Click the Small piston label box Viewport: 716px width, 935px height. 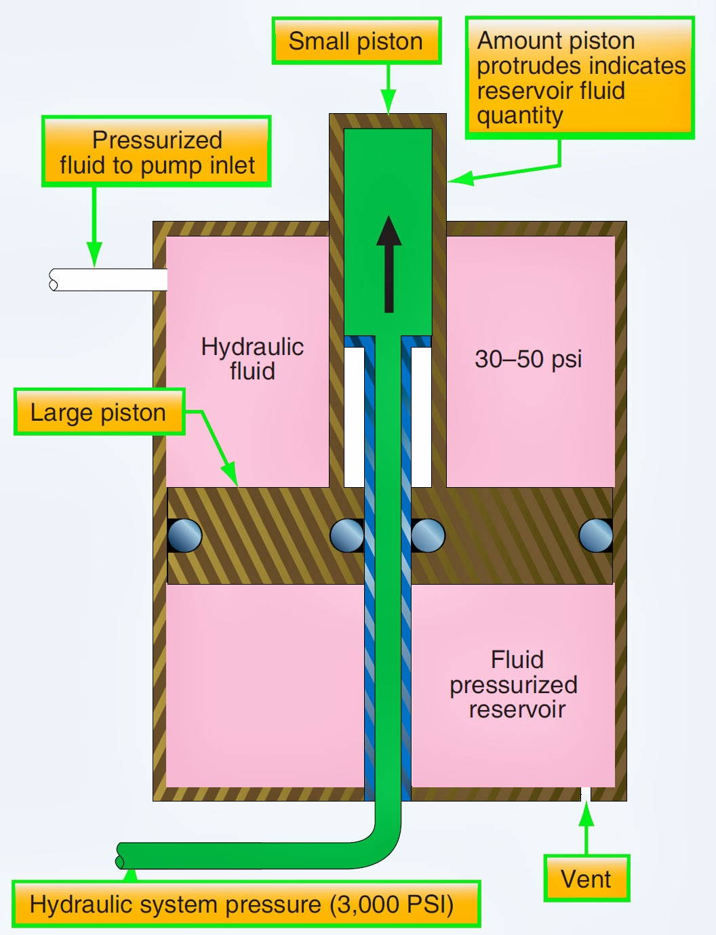pyautogui.click(x=356, y=41)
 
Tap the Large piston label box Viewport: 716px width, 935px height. pyautogui.click(x=99, y=412)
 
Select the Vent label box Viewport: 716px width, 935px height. pyautogui.click(x=586, y=879)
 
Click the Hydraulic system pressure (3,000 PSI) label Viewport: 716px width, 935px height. pyautogui.click(x=245, y=905)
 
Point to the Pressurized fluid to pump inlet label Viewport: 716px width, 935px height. pyautogui.click(x=157, y=152)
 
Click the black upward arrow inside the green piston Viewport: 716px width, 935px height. pyautogui.click(x=389, y=264)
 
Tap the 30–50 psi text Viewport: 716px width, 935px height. pyautogui.click(x=528, y=358)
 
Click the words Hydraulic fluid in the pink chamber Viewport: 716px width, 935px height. pyautogui.click(x=252, y=358)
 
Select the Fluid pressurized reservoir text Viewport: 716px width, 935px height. pyautogui.click(x=514, y=684)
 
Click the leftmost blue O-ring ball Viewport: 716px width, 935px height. pyautogui.click(x=184, y=535)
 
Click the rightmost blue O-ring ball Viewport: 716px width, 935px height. pyautogui.click(x=596, y=535)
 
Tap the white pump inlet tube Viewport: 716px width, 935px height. pyautogui.click(x=108, y=280)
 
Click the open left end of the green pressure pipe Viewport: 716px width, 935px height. pyautogui.click(x=121, y=856)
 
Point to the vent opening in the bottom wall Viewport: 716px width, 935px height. pyautogui.click(x=586, y=794)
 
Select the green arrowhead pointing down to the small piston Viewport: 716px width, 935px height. pyautogui.click(x=388, y=102)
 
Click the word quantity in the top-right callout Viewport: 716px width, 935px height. pyautogui.click(x=519, y=115)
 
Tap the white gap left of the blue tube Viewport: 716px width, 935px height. pyautogui.click(x=354, y=417)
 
